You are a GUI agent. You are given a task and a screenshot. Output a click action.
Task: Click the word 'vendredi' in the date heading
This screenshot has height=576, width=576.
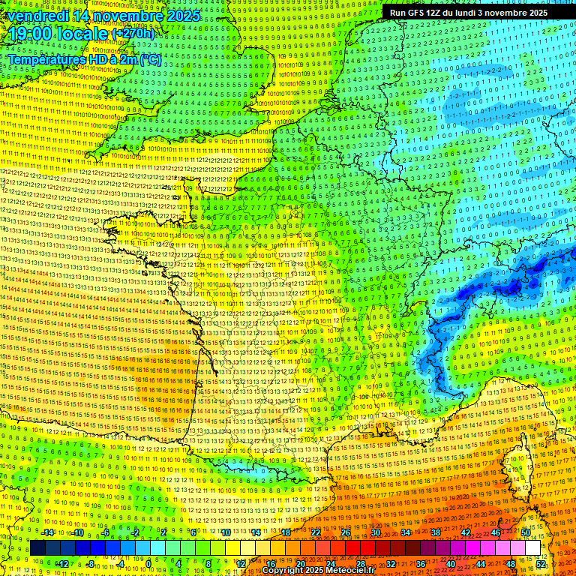coord(31,15)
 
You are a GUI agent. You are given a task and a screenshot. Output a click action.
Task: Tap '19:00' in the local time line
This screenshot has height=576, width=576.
coord(29,33)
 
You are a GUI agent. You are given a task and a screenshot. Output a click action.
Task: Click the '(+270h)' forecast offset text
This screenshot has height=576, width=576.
coord(133,33)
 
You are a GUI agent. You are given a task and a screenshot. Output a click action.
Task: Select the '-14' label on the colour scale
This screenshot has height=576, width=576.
coord(46,532)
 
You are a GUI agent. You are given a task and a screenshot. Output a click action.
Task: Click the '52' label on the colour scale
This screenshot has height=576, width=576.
coord(541,563)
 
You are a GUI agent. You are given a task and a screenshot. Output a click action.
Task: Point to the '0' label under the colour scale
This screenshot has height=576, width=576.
coord(149,563)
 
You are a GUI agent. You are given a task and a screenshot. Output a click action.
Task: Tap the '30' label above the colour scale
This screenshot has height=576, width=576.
coord(375,532)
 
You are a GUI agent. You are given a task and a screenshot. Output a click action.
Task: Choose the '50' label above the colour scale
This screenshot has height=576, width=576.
coord(526,532)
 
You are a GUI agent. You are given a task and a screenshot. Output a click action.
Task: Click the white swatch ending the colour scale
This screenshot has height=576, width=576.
coord(532,548)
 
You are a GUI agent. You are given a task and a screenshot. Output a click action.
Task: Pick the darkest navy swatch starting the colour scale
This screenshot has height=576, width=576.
coord(37,548)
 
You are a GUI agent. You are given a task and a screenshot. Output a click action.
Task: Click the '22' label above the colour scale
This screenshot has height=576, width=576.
coord(316,532)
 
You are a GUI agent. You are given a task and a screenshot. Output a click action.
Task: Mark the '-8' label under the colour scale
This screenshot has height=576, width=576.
coord(91,563)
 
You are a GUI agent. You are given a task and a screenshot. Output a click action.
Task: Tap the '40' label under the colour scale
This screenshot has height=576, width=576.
coord(450,563)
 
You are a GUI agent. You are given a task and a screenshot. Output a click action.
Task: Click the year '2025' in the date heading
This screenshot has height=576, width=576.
coord(183,15)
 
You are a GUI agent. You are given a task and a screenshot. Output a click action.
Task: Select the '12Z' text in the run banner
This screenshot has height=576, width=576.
coord(435,13)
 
